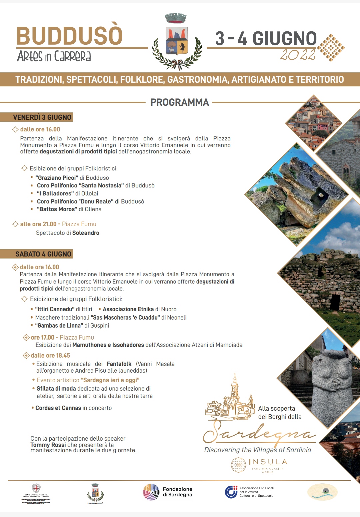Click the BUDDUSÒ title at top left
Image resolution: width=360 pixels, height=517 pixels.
point(70,36)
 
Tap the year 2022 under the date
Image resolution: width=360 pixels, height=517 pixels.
point(298,55)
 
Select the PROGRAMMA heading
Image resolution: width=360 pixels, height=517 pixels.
point(180,102)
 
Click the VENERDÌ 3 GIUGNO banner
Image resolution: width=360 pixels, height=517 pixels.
point(42,117)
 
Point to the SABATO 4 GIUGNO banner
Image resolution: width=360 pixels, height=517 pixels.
point(43,254)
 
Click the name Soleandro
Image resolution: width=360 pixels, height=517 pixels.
point(86,233)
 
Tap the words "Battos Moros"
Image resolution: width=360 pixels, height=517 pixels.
point(57,209)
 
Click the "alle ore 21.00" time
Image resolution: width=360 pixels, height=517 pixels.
point(38,224)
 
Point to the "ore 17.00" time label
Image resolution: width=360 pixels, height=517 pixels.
point(42,338)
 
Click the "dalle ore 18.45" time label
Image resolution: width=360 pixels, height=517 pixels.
point(50,356)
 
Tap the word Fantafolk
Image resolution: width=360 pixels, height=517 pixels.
point(119,364)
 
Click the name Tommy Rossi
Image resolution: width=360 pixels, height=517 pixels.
point(48,445)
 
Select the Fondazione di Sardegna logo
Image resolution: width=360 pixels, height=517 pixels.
point(168,492)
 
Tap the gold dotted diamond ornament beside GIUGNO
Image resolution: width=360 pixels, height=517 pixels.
point(331,48)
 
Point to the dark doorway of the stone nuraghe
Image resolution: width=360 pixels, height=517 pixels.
point(335,302)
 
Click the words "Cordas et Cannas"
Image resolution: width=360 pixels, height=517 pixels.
point(58,408)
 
